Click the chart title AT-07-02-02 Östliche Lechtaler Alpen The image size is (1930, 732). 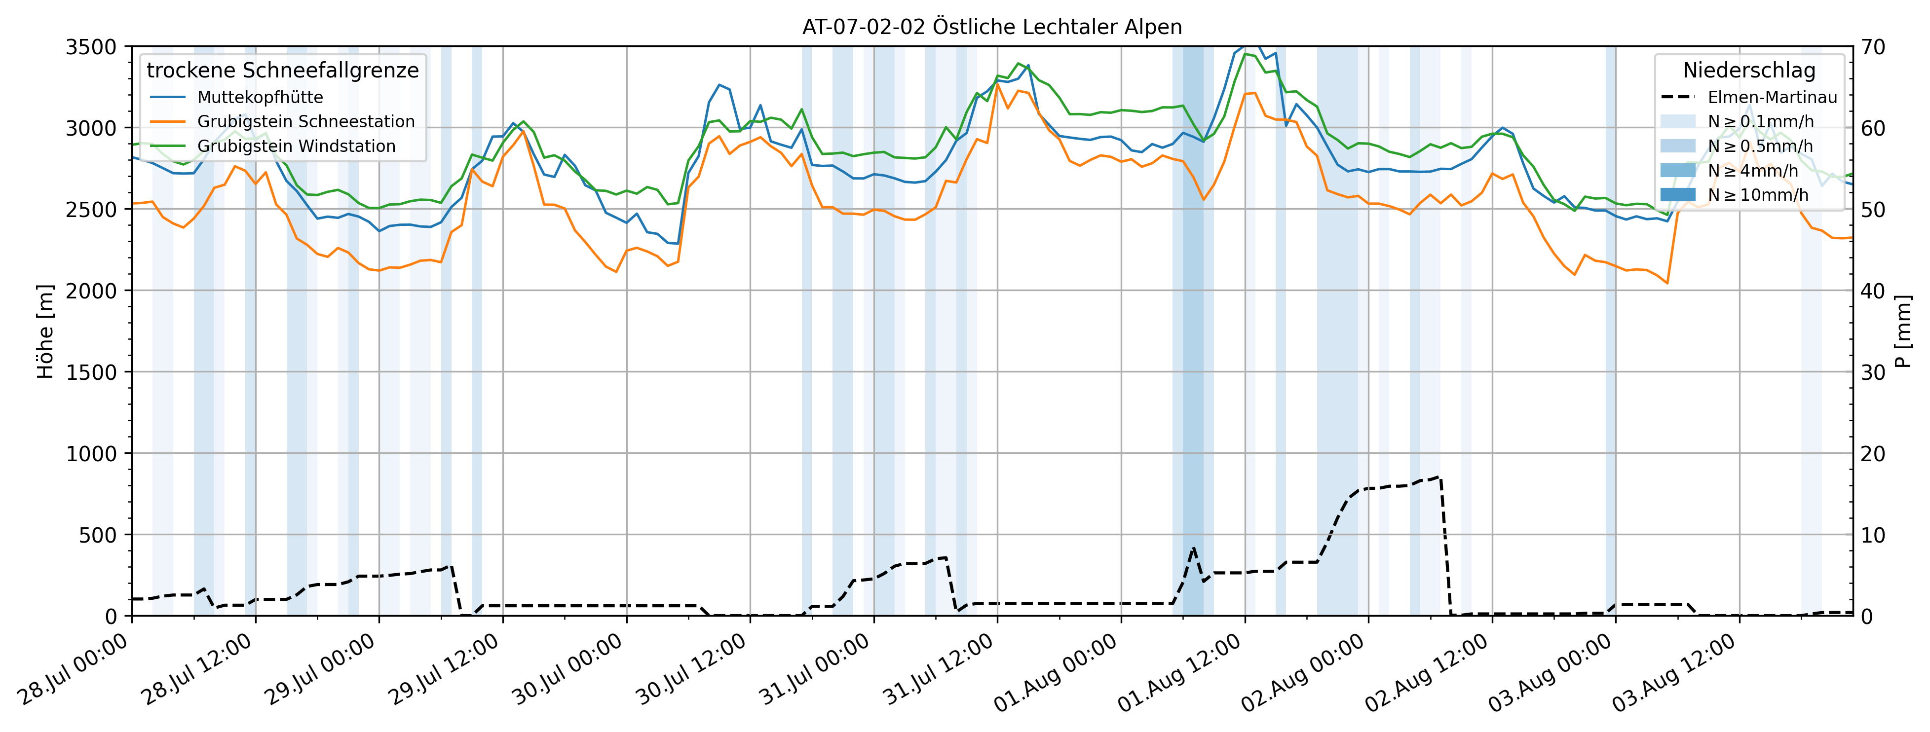(992, 27)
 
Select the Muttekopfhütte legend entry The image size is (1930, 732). (260, 97)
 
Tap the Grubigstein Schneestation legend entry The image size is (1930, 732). (305, 121)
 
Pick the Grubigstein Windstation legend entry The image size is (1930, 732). (296, 146)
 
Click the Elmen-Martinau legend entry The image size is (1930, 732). (1772, 97)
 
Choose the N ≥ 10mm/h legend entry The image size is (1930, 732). (1758, 195)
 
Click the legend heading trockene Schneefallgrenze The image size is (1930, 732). (282, 71)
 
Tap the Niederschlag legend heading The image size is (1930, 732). (1749, 71)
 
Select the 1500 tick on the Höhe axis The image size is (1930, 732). (91, 372)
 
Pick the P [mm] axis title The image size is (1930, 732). (1902, 331)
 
